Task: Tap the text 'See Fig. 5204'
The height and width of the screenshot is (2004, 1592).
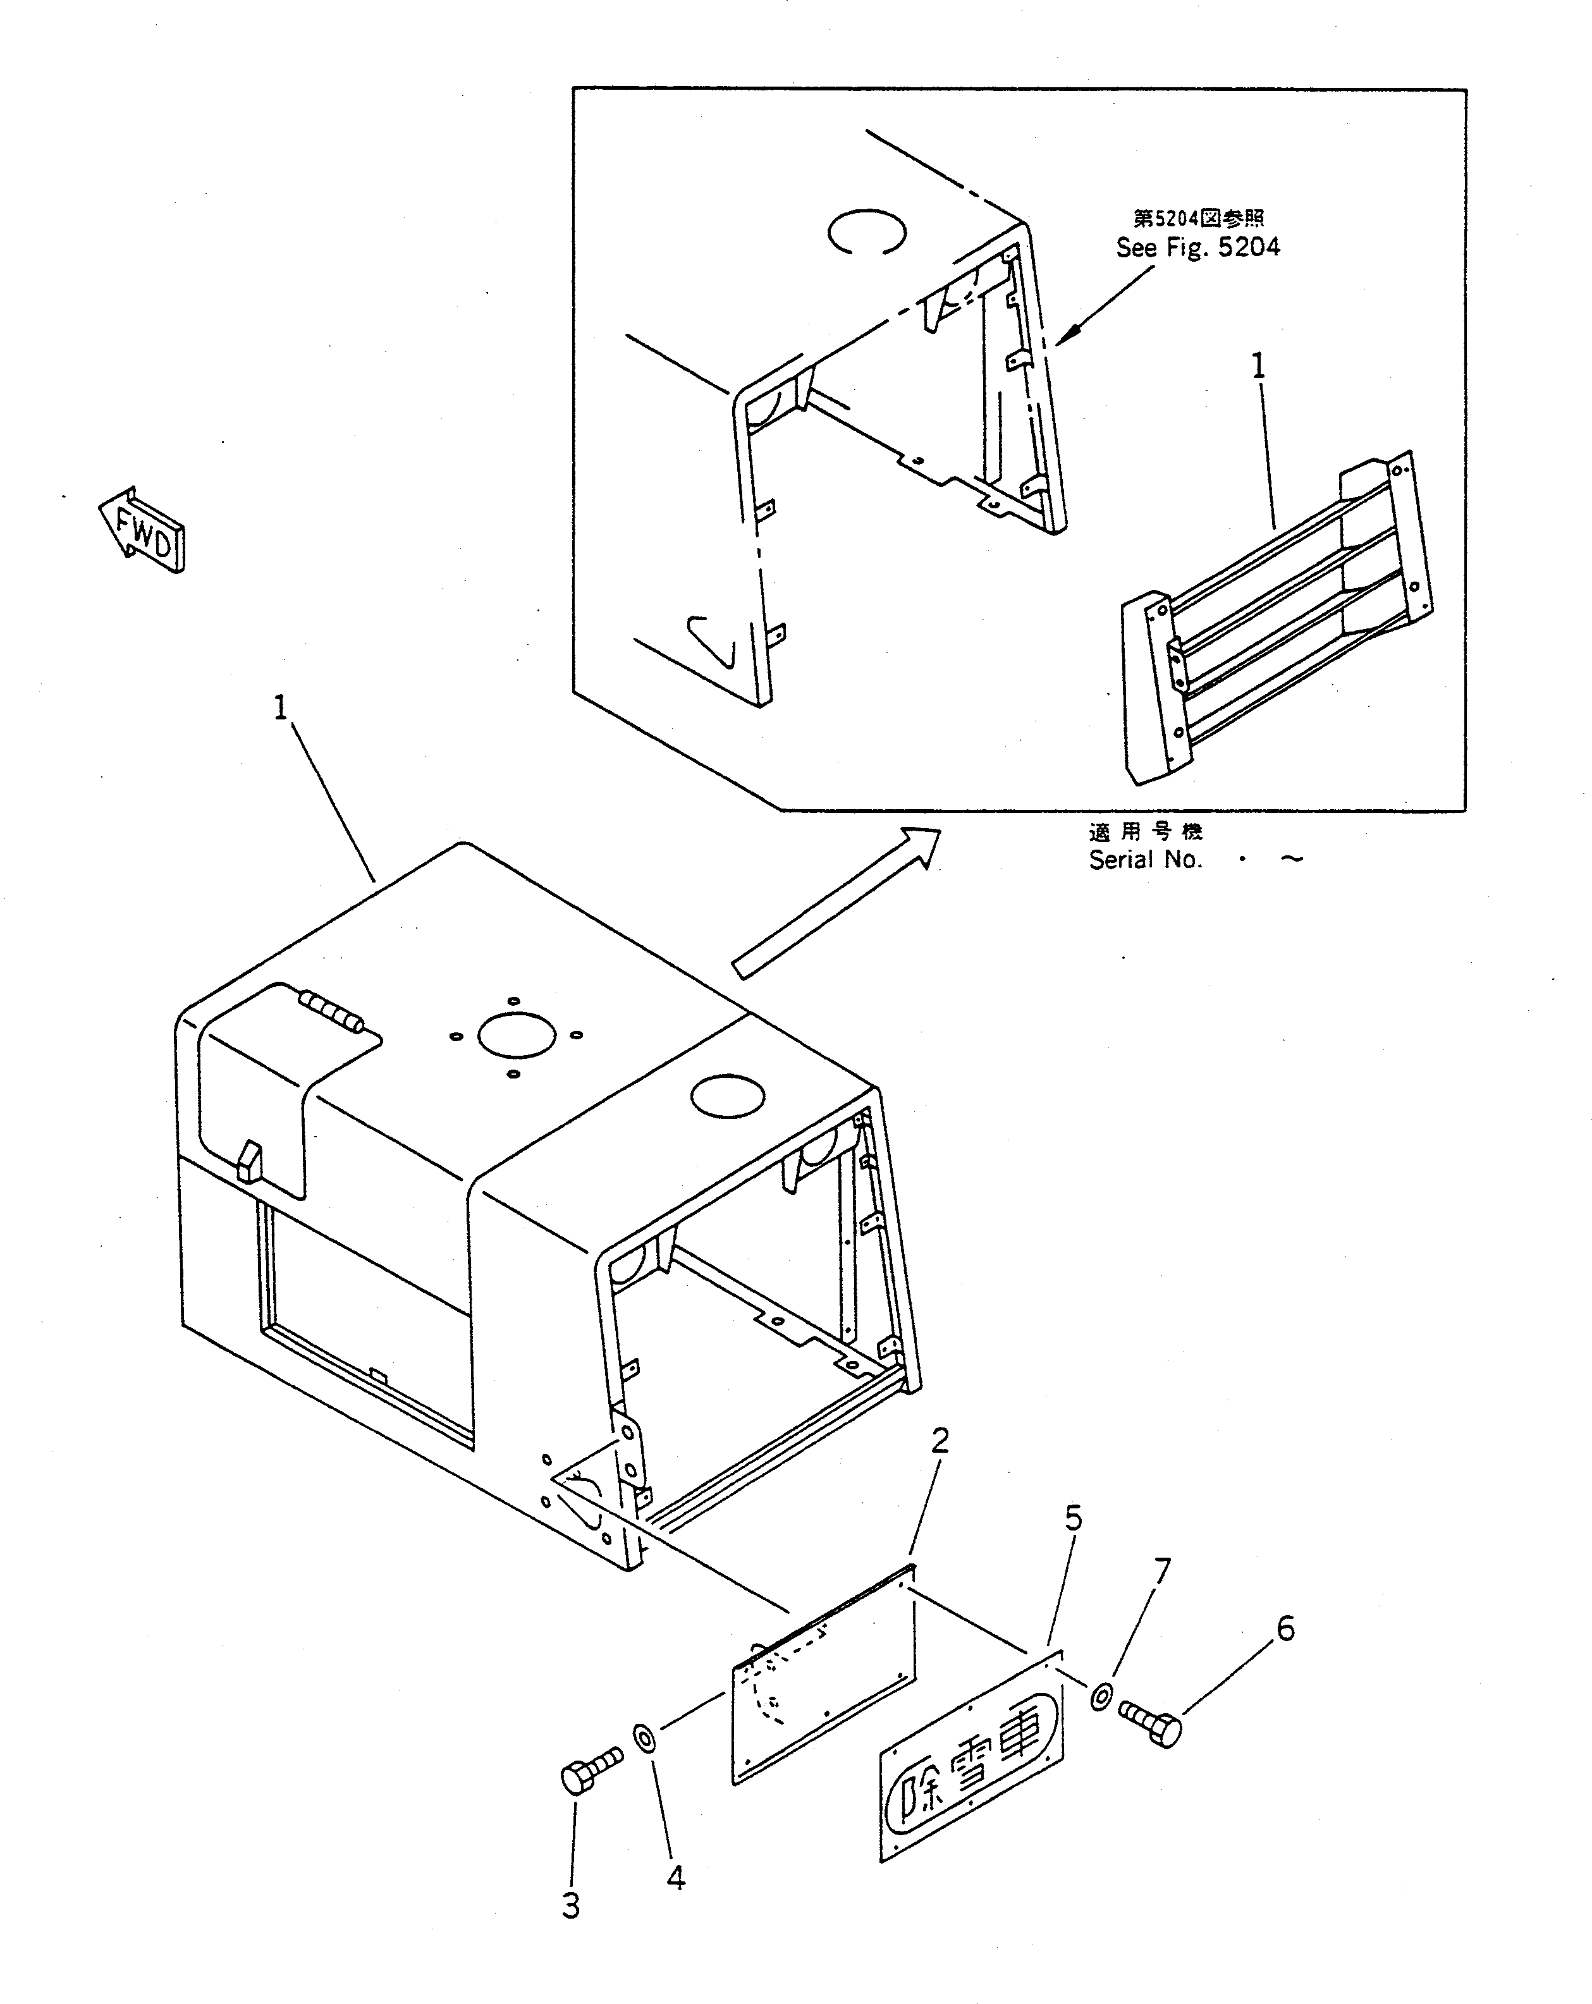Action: tap(1197, 247)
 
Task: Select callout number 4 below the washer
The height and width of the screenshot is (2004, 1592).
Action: tap(676, 1878)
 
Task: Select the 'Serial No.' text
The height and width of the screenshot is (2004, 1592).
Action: tap(1145, 860)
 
